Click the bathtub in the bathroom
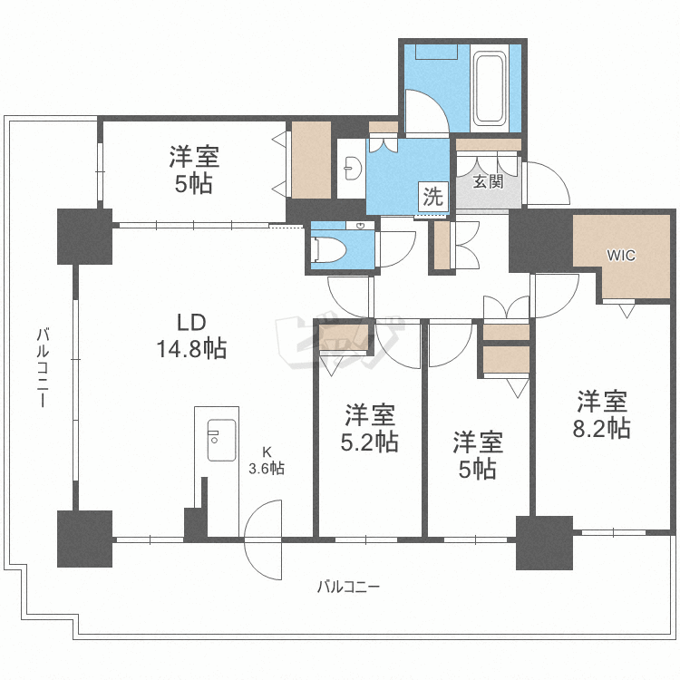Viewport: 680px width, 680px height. point(490,88)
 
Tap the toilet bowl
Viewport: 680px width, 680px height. point(329,249)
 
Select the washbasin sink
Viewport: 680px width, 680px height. point(352,169)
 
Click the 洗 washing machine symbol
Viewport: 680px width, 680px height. point(432,197)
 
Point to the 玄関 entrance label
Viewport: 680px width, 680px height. point(488,181)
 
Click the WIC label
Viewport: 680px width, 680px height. point(621,256)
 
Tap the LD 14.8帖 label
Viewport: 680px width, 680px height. point(191,335)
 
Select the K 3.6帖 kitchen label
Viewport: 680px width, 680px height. point(267,461)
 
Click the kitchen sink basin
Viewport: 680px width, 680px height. point(221,440)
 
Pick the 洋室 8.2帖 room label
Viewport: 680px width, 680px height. point(601,414)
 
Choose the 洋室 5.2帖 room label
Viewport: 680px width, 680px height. point(370,428)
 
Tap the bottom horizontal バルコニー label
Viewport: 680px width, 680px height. point(348,588)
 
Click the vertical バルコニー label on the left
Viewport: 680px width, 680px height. point(43,368)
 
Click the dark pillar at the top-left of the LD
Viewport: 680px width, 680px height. point(85,237)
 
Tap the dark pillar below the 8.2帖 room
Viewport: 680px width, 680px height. point(544,542)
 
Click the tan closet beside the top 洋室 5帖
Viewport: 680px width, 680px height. point(311,160)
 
